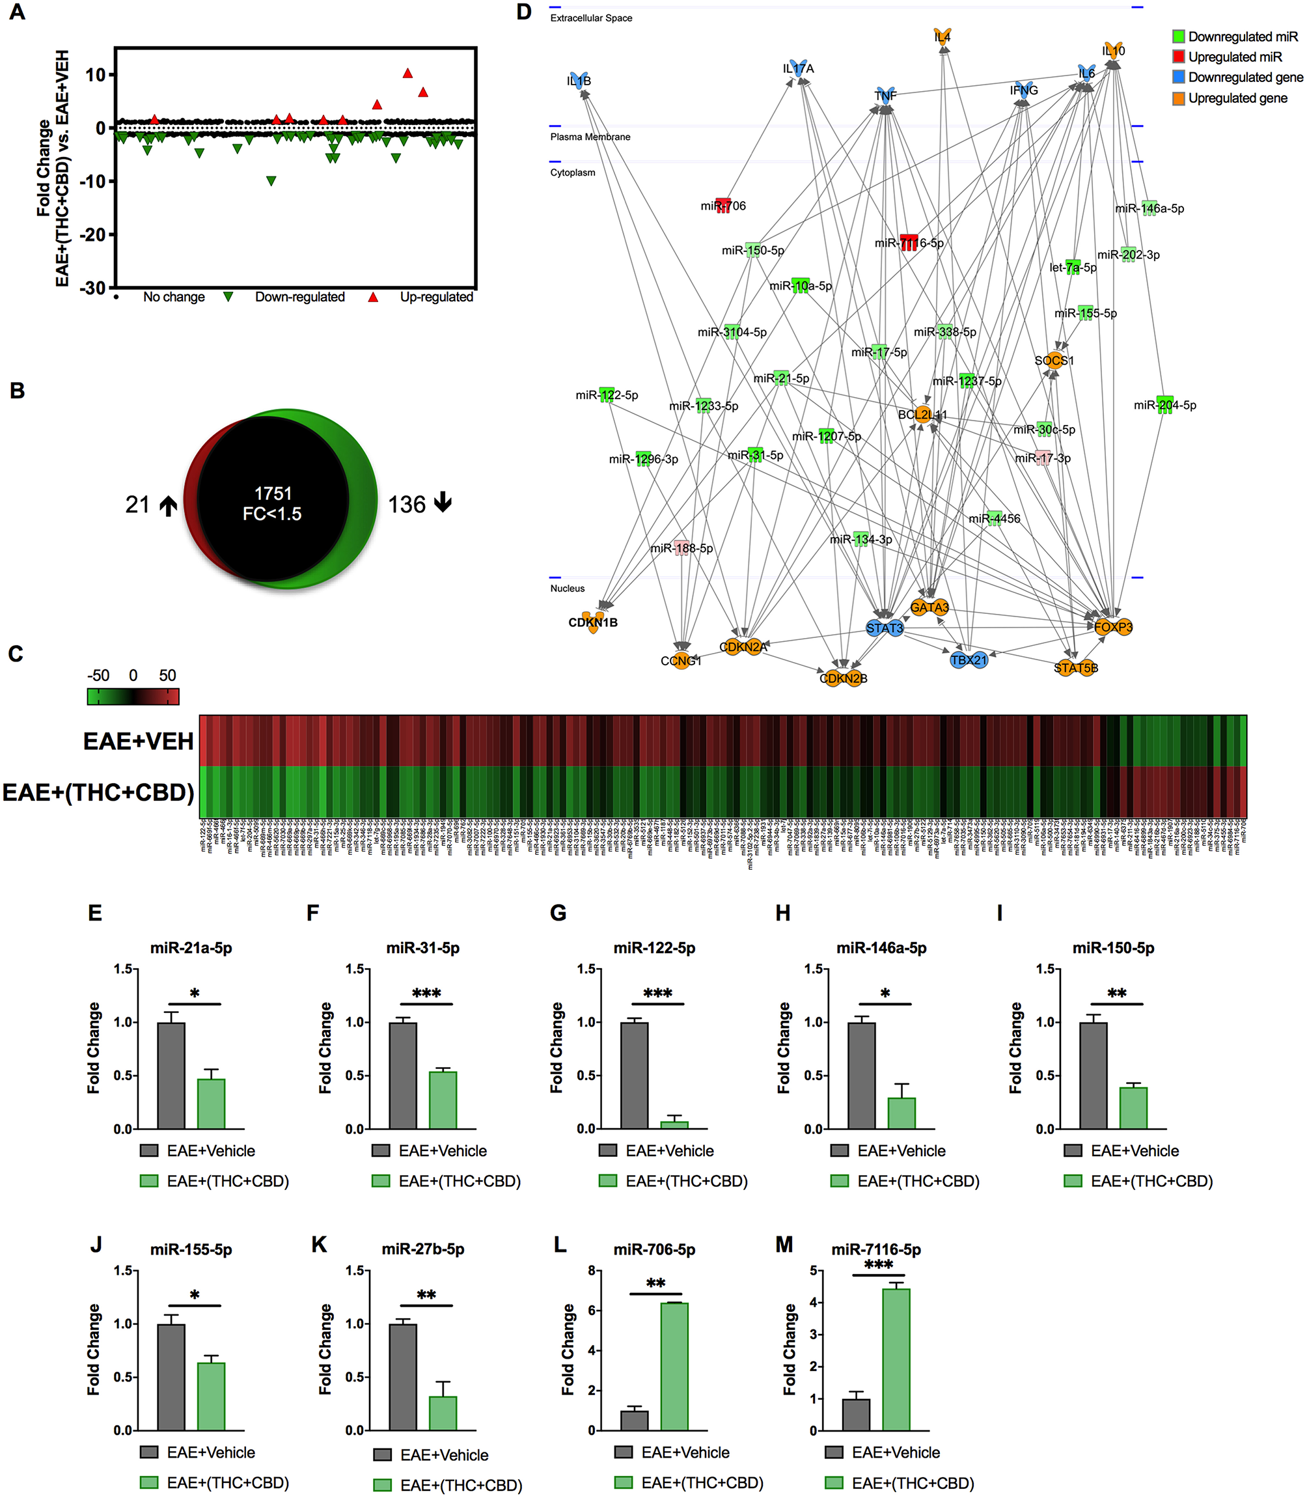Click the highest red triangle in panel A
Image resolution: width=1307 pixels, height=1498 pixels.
pyautogui.click(x=407, y=73)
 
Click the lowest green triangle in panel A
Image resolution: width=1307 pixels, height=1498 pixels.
pyautogui.click(x=271, y=181)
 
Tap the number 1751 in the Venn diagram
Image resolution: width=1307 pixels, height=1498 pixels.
pyautogui.click(x=273, y=493)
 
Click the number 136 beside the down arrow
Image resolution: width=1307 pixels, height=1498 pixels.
pyautogui.click(x=406, y=505)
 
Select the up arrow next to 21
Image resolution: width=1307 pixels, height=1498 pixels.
pyautogui.click(x=169, y=505)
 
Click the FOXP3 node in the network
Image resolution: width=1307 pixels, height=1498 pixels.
pyautogui.click(x=1113, y=627)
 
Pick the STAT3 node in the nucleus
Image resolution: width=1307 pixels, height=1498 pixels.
pyautogui.click(x=885, y=628)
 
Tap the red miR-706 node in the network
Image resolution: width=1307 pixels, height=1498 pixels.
pyautogui.click(x=722, y=205)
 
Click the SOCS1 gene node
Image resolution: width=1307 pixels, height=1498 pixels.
pyautogui.click(x=1054, y=360)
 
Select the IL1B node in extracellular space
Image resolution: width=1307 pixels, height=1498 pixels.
pyautogui.click(x=579, y=80)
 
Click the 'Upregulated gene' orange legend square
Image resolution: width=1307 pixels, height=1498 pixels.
pyautogui.click(x=1178, y=98)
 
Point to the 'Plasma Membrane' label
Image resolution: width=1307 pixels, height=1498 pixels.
pyautogui.click(x=590, y=136)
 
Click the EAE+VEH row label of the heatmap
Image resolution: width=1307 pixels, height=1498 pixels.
pyautogui.click(x=138, y=741)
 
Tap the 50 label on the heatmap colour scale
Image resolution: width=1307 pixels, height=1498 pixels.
pyautogui.click(x=168, y=675)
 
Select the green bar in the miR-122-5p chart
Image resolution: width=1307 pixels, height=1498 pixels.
pyautogui.click(x=674, y=1124)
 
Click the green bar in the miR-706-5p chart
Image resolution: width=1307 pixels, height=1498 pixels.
pyautogui.click(x=674, y=1366)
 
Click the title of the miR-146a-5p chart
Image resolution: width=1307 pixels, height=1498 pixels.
pyautogui.click(x=881, y=948)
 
